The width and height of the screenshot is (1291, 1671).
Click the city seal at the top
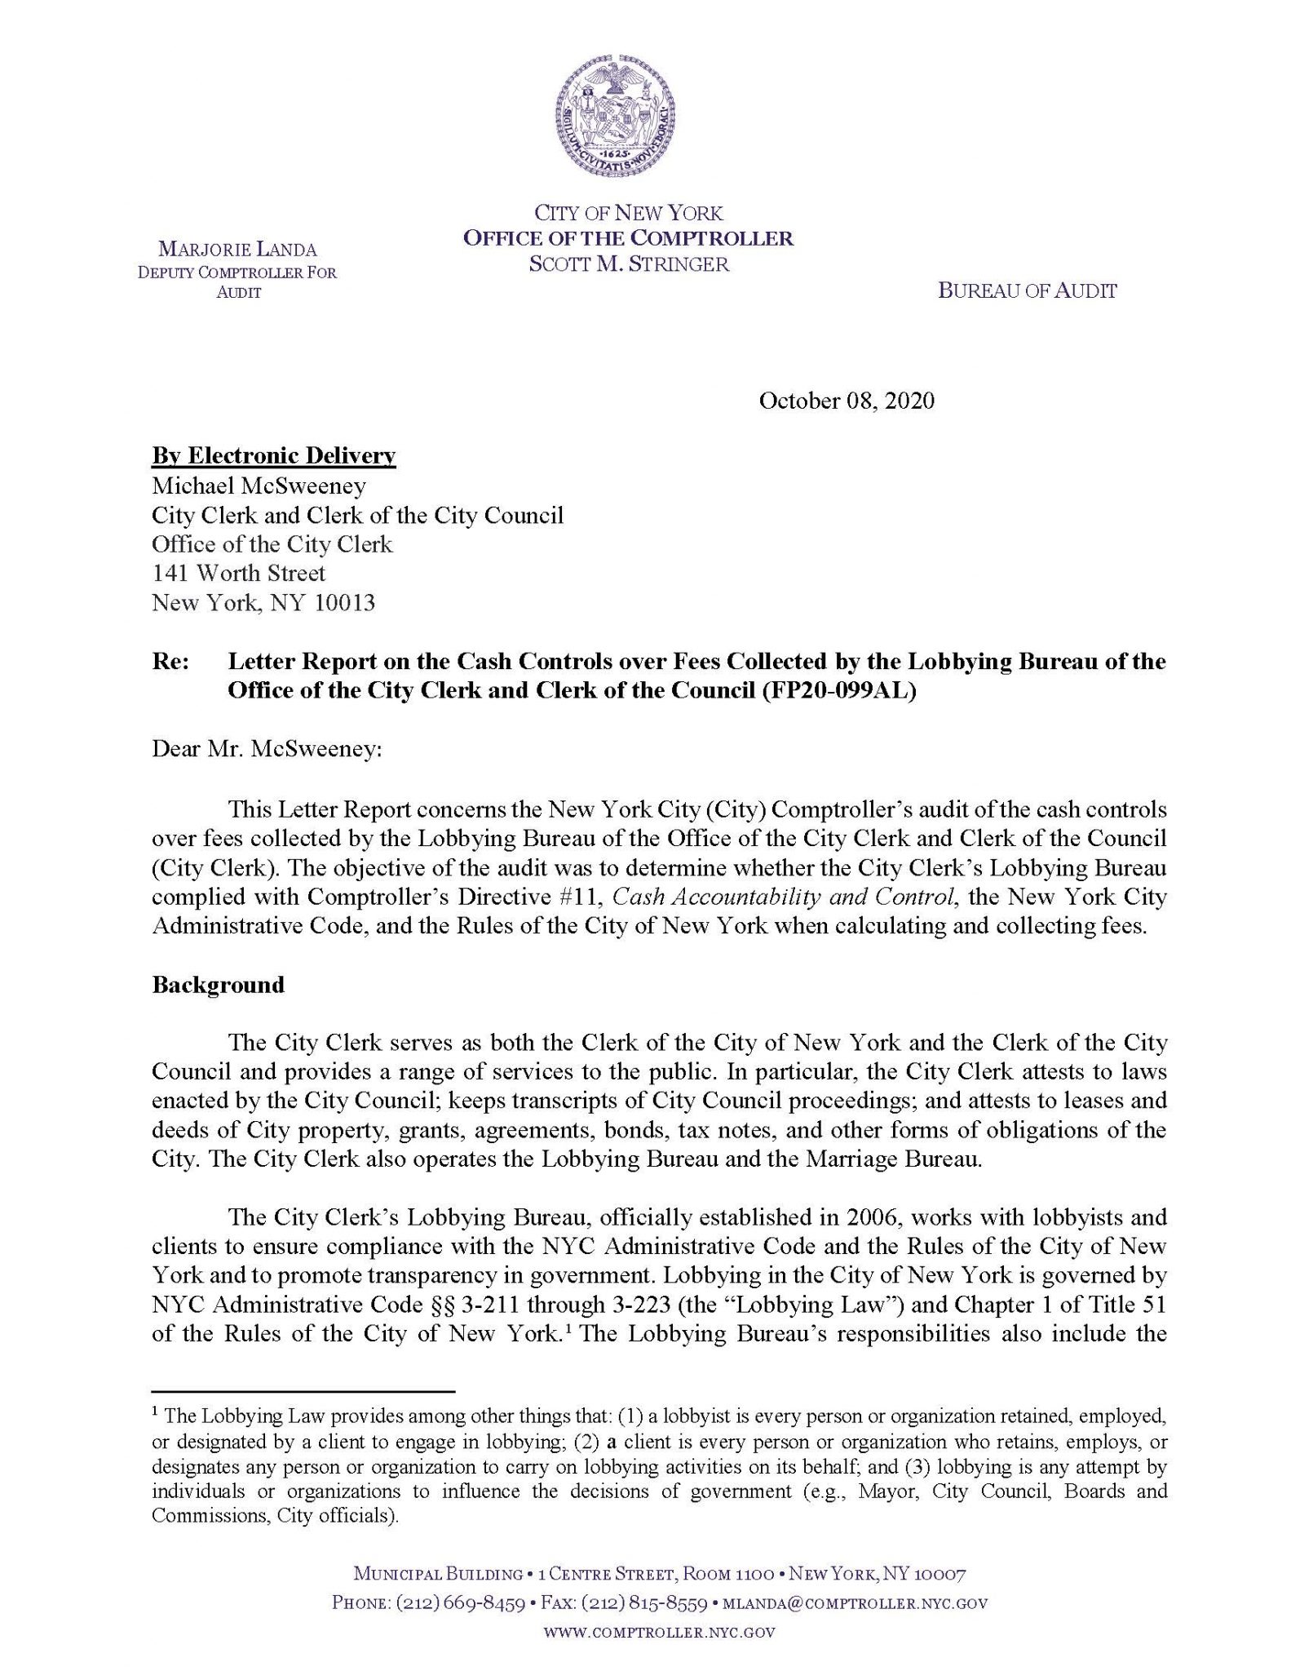coord(614,113)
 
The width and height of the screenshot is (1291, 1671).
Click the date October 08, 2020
coord(846,401)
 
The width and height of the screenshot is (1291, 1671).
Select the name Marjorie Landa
coord(237,250)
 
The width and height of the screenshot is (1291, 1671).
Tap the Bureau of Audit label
coord(1027,290)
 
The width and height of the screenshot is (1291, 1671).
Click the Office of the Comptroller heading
coord(628,238)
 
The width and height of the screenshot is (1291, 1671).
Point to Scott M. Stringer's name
coord(628,264)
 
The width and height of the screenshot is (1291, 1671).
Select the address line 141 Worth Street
coord(239,574)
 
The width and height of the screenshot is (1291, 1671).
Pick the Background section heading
coord(218,985)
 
